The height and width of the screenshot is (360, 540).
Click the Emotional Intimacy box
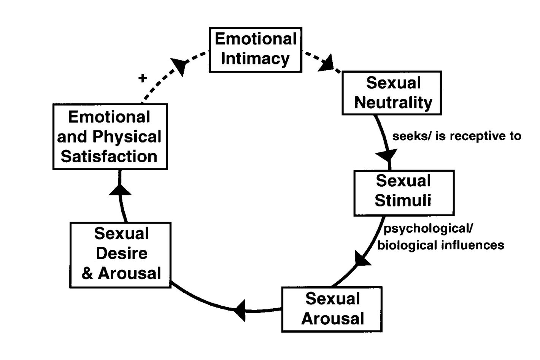tap(256, 49)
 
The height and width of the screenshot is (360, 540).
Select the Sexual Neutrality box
tap(392, 93)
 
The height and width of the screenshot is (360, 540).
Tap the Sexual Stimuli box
tap(404, 193)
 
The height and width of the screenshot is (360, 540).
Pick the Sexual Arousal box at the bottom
tap(332, 309)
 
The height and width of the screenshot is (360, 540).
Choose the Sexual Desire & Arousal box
tap(121, 255)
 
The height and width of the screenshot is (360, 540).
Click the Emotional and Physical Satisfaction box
tap(110, 137)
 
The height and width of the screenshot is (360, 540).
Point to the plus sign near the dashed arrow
tap(143, 78)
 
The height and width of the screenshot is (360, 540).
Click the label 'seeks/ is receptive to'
tap(456, 136)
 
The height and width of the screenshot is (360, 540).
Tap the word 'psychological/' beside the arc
tap(428, 229)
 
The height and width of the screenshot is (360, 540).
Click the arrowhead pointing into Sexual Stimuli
tap(386, 155)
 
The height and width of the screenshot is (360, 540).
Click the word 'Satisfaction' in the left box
tap(109, 157)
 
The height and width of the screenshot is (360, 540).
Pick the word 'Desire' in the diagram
tap(122, 253)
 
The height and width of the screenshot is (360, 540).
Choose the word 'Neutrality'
tap(393, 103)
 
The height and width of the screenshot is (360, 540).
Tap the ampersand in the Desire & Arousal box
tap(87, 273)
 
